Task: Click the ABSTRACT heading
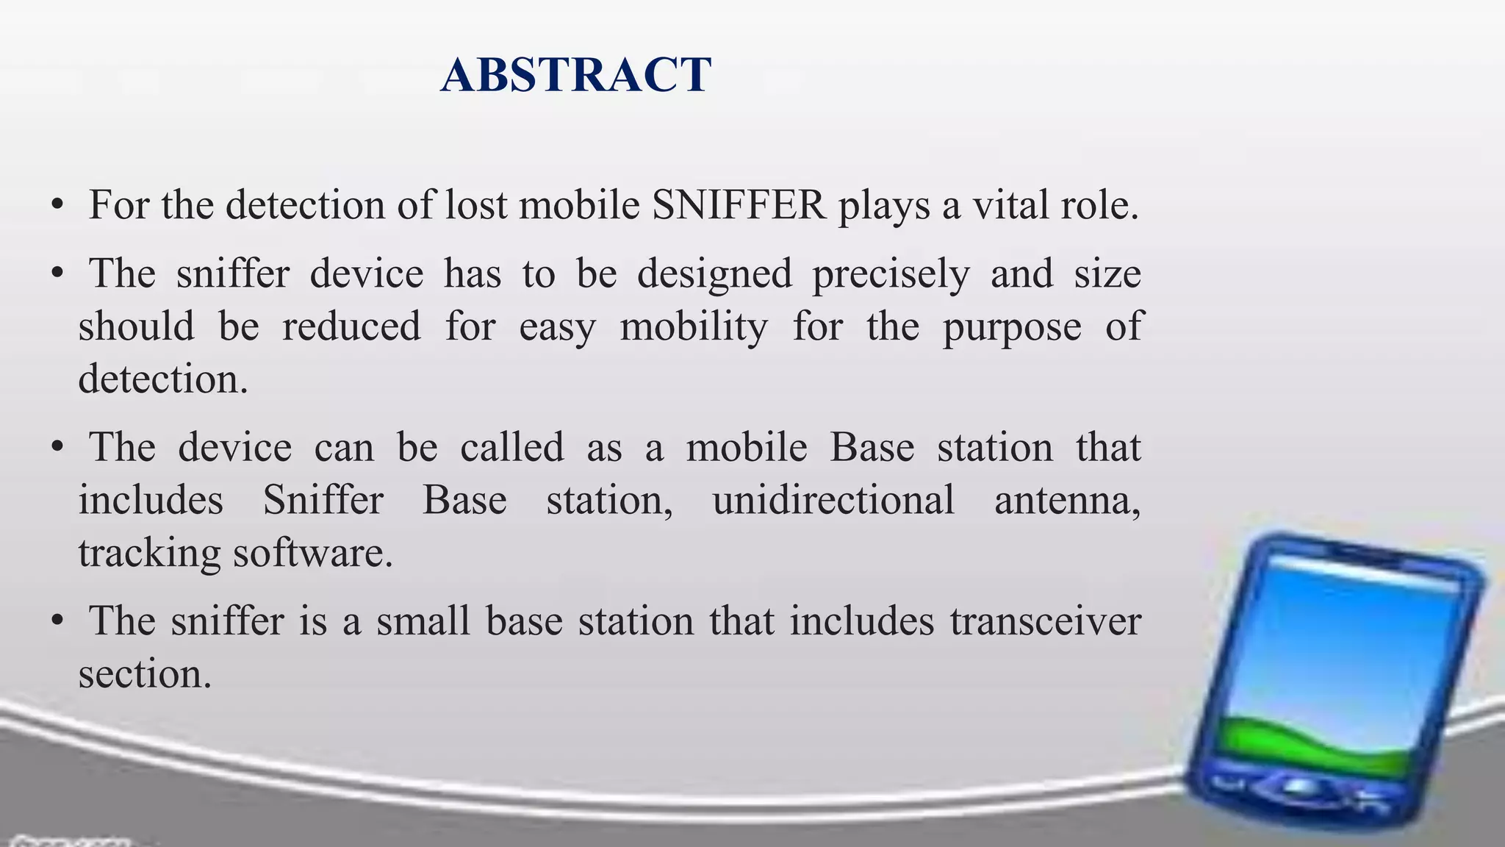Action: [575, 75]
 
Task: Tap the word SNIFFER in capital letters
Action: [739, 205]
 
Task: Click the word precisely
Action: [891, 274]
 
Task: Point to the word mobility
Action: [694, 327]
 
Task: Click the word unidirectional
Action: [833, 501]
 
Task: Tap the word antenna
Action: [1067, 501]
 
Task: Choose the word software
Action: [313, 554]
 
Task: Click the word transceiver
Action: [1045, 621]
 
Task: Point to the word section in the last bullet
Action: [145, 674]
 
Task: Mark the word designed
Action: [714, 275]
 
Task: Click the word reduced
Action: [351, 327]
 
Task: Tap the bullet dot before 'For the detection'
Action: [57, 207]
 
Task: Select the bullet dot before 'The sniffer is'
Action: [57, 623]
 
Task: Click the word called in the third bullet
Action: [511, 448]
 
